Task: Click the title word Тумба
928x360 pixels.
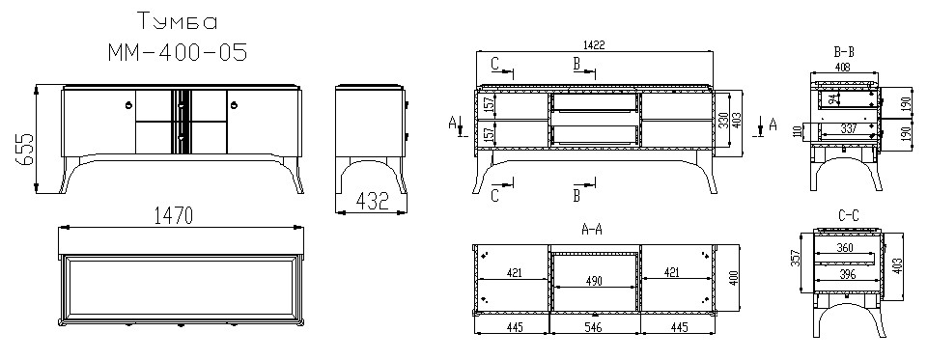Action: pyautogui.click(x=177, y=22)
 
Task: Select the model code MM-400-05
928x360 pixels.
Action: pyautogui.click(x=177, y=53)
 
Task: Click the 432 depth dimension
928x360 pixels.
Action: pyautogui.click(x=372, y=202)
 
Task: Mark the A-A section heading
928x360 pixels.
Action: pyautogui.click(x=592, y=231)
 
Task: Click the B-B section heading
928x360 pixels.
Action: pyautogui.click(x=844, y=53)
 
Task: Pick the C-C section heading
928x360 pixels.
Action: pyautogui.click(x=848, y=217)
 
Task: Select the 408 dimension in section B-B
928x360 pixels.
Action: pyautogui.click(x=842, y=68)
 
